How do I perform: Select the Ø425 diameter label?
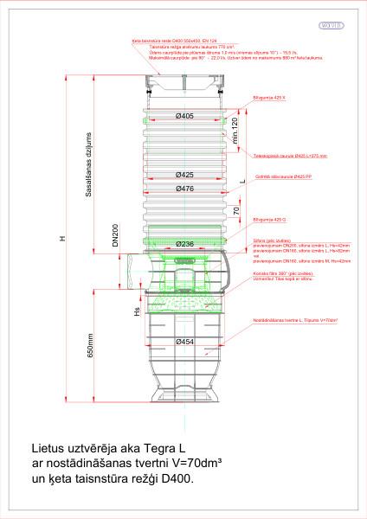coord(183,175)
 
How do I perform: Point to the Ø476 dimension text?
coord(183,189)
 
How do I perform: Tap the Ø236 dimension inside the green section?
coord(183,245)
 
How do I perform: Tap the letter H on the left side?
coord(61,240)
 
